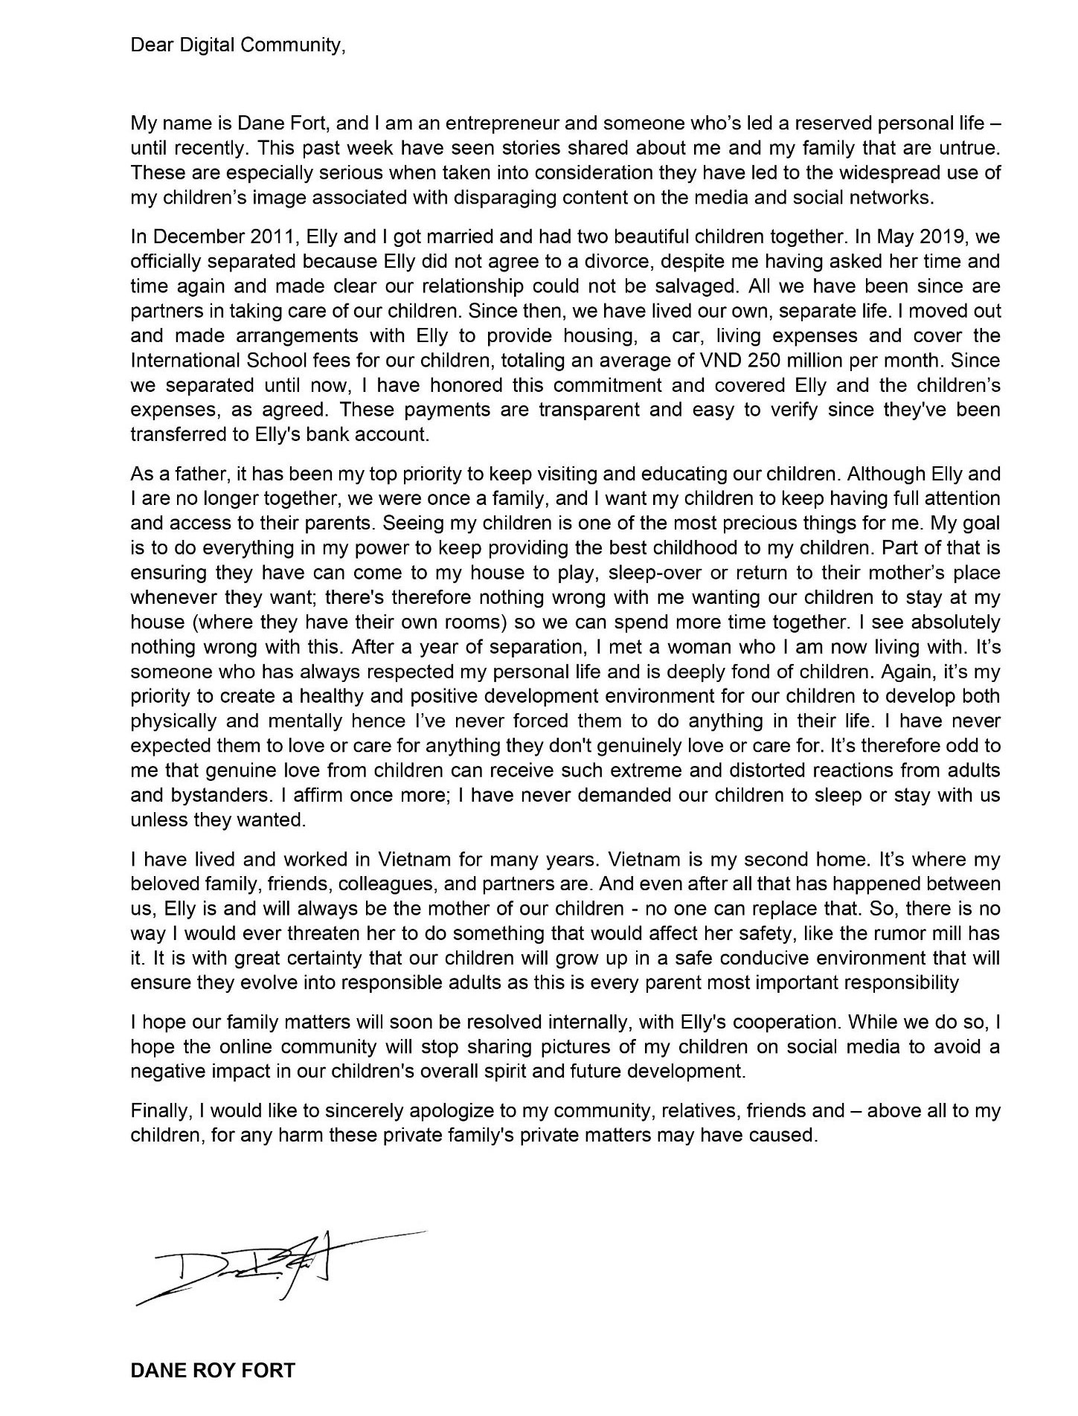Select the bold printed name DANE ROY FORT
tap(212, 1371)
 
